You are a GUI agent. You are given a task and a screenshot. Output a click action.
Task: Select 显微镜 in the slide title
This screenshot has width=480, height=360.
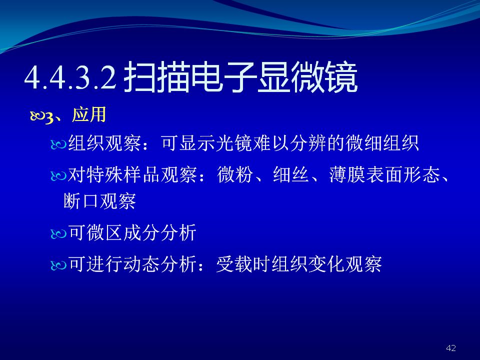pos(307,77)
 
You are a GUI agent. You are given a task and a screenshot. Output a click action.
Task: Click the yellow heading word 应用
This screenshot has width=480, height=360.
pos(89,115)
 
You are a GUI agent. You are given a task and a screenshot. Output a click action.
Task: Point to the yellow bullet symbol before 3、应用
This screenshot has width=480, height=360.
pos(37,116)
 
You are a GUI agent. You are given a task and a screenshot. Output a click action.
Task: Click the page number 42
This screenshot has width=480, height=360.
pos(451,348)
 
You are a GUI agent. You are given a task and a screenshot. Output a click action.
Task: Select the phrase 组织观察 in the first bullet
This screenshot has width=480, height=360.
pos(104,143)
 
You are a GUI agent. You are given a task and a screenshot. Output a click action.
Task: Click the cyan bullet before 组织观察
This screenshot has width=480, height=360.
pos(58,144)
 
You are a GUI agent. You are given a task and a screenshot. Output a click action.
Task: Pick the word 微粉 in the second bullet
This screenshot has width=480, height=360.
pos(235,175)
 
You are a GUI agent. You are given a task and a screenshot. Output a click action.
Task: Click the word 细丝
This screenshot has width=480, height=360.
pos(291,175)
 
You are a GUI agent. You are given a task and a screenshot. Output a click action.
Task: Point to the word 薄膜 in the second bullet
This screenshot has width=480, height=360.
pos(347,175)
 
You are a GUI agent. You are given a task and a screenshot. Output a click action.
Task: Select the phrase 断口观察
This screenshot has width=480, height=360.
pos(100,201)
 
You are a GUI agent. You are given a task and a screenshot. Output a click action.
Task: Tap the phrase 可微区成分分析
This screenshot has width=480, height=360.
pos(132,232)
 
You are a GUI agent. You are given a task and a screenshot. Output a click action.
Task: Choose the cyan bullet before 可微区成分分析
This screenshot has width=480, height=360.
pos(58,234)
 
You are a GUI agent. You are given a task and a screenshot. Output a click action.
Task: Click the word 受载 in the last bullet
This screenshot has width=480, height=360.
pos(234,264)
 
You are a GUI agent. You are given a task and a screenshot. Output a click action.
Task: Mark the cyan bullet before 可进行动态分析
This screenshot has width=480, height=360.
pos(58,265)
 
